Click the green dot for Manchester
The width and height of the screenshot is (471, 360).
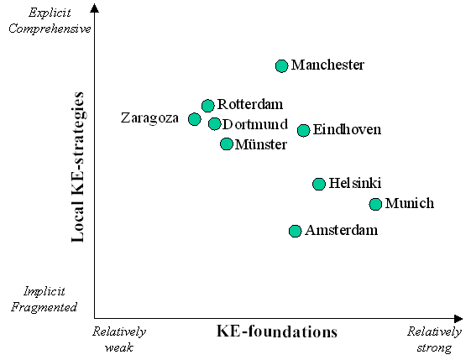(x=281, y=66)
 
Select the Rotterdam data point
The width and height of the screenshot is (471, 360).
(x=208, y=106)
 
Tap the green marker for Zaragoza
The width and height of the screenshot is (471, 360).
(x=194, y=119)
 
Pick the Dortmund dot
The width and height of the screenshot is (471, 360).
(x=214, y=123)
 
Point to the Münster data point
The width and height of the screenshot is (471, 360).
(x=227, y=143)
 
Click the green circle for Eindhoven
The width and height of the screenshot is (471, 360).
(x=303, y=130)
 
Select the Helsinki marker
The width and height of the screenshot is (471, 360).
(x=319, y=184)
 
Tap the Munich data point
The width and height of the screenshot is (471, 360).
(x=375, y=204)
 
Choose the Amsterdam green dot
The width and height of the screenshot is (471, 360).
(x=296, y=231)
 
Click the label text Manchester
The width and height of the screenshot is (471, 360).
(x=327, y=65)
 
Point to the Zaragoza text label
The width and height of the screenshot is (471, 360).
(x=149, y=118)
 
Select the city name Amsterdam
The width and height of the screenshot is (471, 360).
(x=342, y=230)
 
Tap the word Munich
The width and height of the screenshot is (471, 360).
(x=410, y=203)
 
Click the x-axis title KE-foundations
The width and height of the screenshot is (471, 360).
(x=277, y=331)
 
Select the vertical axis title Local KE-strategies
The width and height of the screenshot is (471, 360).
(x=77, y=167)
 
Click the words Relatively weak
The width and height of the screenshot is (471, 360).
(x=119, y=339)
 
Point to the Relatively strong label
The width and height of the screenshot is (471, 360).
(x=434, y=340)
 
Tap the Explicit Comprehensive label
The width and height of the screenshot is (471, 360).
(x=50, y=21)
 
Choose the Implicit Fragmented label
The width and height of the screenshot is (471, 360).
(x=44, y=300)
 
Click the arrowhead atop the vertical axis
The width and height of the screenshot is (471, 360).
(x=95, y=8)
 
